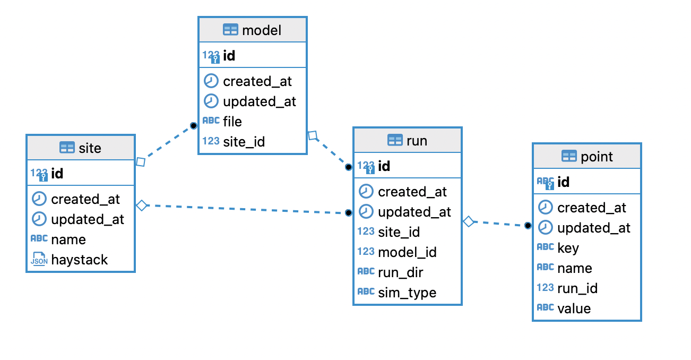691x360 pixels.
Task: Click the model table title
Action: tap(261, 30)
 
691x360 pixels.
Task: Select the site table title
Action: tap(89, 148)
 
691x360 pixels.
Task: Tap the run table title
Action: tap(416, 141)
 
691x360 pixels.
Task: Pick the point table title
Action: tap(597, 157)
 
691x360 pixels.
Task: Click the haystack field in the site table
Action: tap(79, 260)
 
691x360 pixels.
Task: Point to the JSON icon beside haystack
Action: tap(39, 259)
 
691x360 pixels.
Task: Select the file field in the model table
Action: tap(232, 122)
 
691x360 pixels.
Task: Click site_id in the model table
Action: tap(244, 142)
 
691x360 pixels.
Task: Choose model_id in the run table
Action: tap(407, 252)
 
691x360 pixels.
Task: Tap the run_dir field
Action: tap(400, 272)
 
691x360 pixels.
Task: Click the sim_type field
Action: tap(407, 293)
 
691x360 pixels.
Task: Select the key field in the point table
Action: tap(568, 248)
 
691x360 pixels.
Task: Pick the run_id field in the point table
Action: tap(577, 288)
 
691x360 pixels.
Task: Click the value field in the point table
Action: tap(574, 308)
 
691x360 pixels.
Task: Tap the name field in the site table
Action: tap(68, 239)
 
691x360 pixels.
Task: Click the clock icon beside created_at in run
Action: tap(366, 191)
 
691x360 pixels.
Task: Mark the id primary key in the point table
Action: tap(563, 182)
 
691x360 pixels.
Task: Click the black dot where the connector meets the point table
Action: tap(528, 226)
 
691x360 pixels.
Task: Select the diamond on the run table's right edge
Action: tap(469, 221)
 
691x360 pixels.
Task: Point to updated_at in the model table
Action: tap(260, 101)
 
